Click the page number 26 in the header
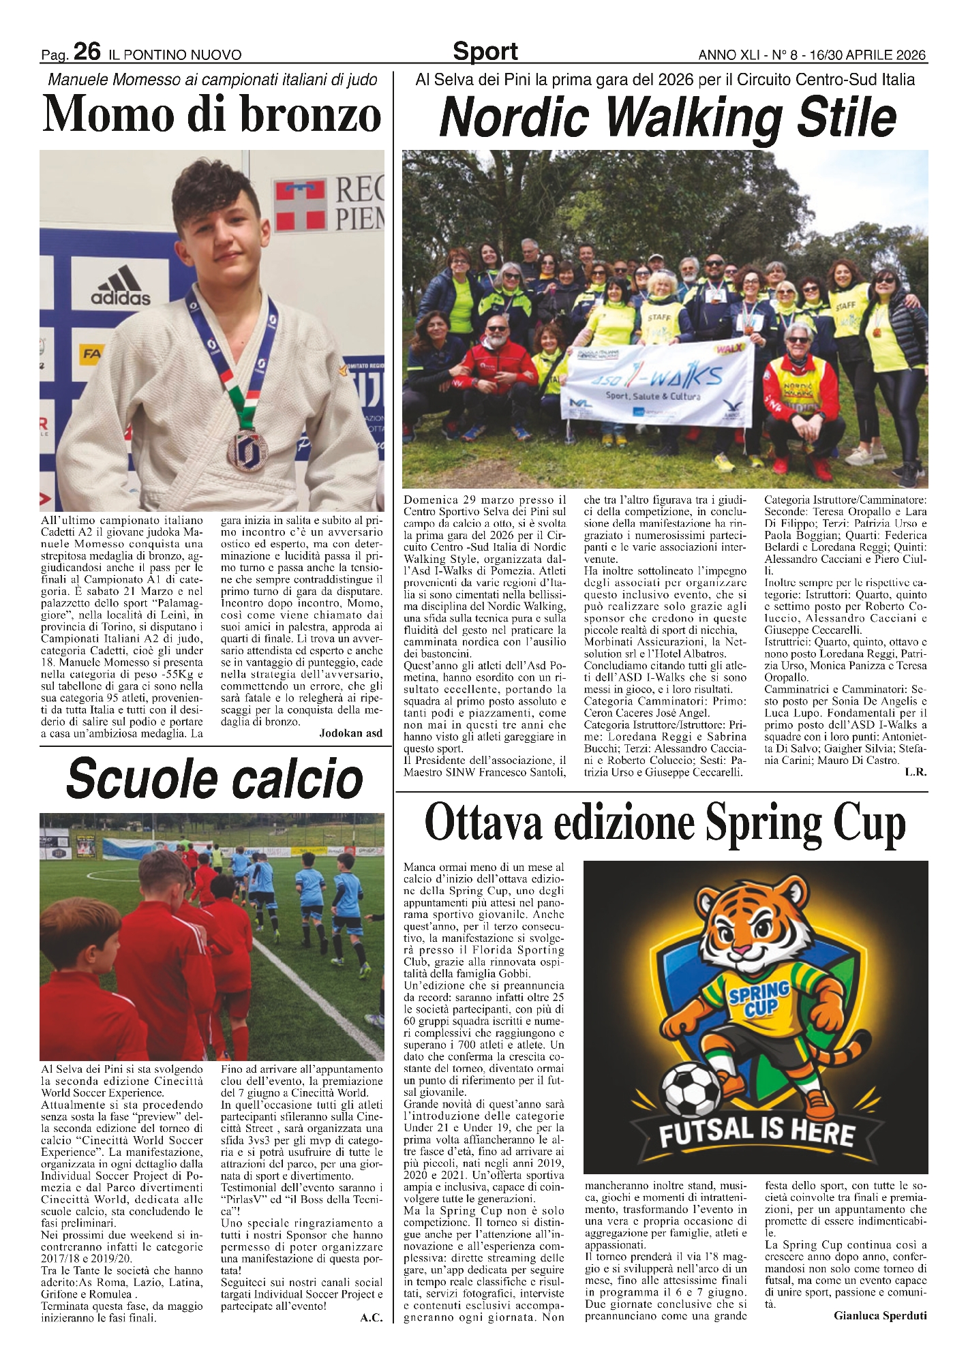87,52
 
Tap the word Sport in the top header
485,52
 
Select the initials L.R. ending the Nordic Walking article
916,772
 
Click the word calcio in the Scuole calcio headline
296,778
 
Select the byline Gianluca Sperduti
880,1316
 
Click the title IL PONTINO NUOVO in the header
174,55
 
